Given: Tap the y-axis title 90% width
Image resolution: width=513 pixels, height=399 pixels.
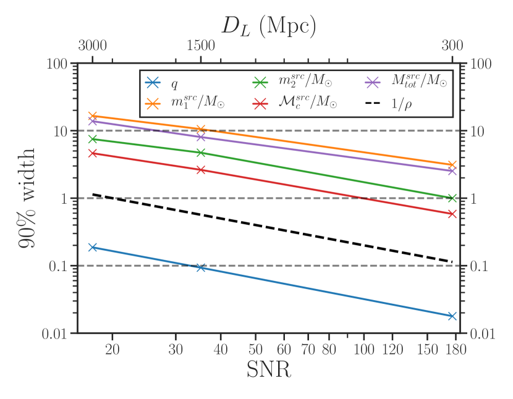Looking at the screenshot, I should click(x=26, y=198).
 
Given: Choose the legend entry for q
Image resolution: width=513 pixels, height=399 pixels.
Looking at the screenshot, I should click(x=168, y=82).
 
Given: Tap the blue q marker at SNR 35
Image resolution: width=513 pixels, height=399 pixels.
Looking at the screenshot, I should click(x=200, y=267).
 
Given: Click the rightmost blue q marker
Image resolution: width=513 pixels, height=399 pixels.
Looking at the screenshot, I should click(x=452, y=316).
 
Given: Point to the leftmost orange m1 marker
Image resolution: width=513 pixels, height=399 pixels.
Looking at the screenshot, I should click(x=93, y=115).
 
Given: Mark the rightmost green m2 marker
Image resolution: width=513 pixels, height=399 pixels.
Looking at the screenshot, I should click(x=452, y=198).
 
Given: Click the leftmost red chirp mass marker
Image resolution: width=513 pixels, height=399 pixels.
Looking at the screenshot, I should click(x=93, y=153).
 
